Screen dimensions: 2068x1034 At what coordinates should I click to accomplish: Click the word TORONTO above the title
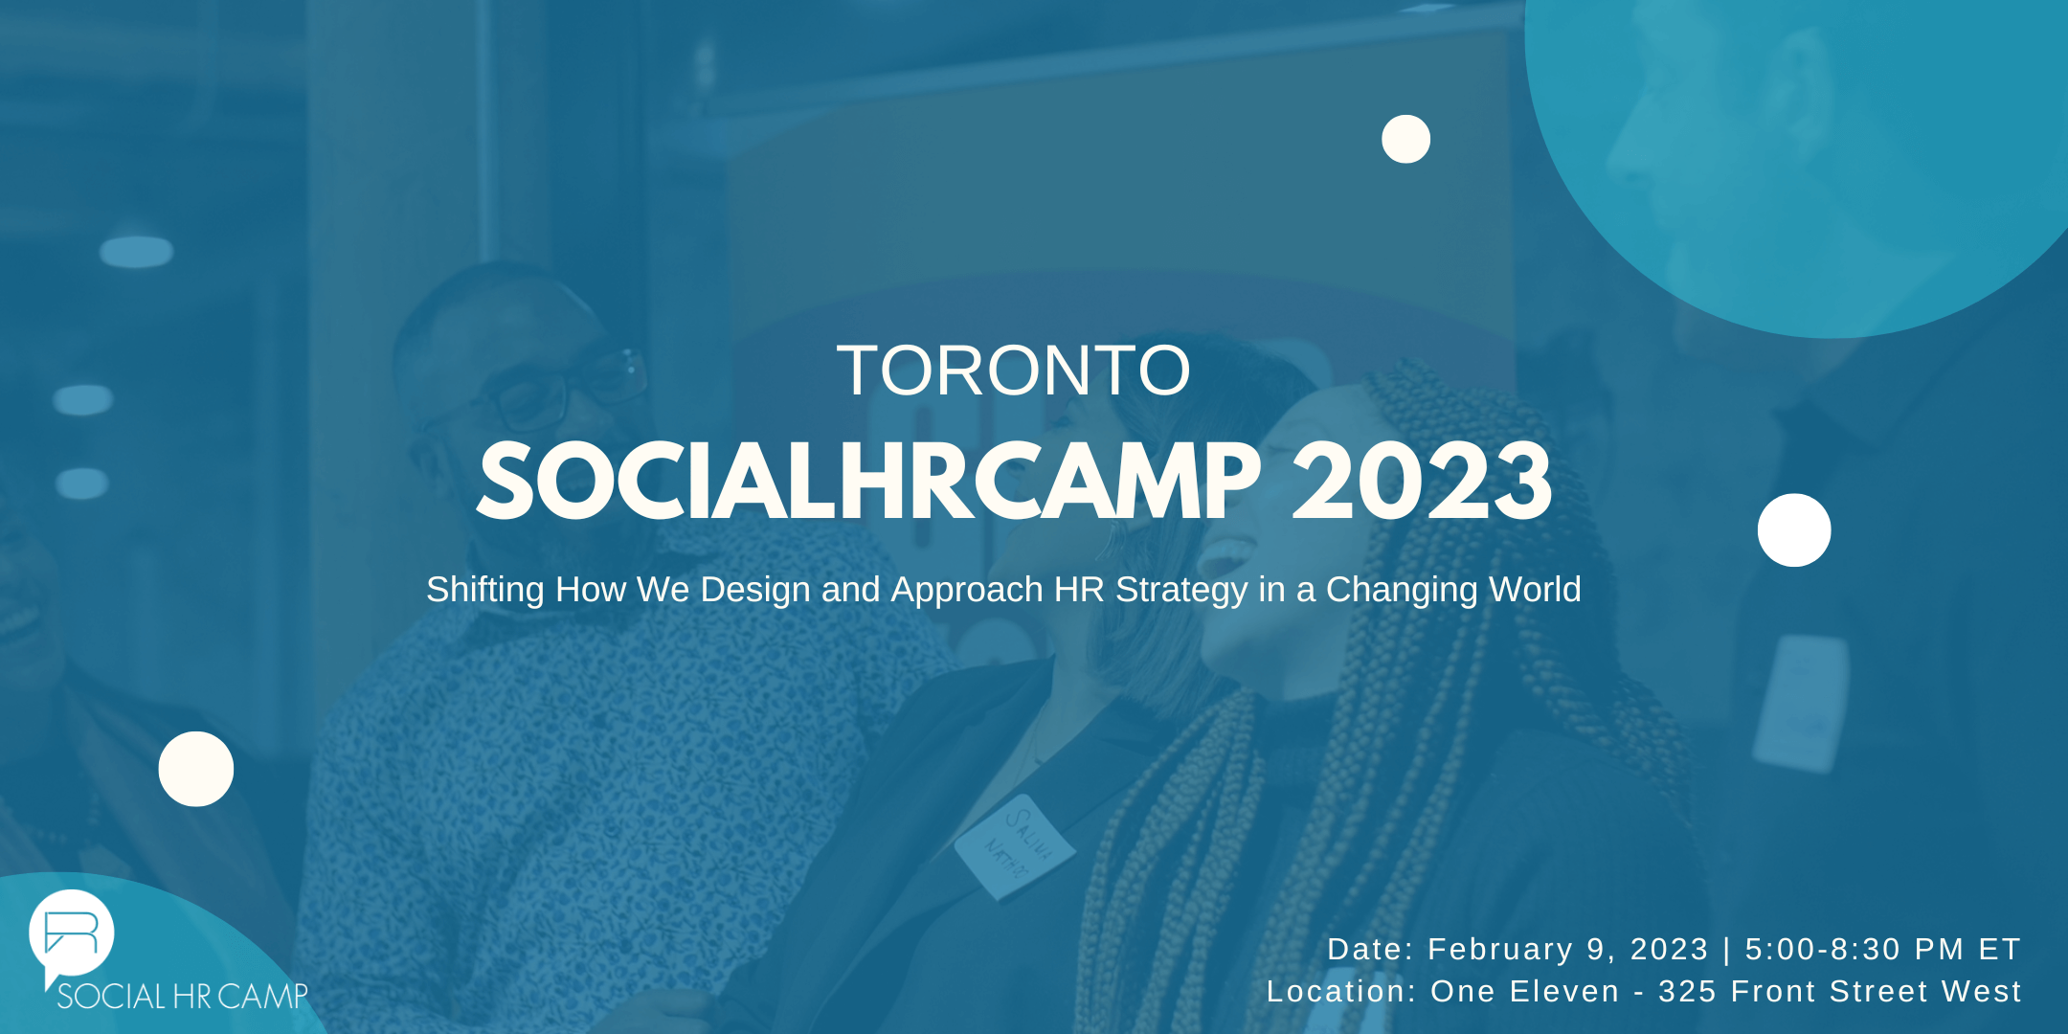(x=1014, y=371)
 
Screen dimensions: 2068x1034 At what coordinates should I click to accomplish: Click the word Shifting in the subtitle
(x=484, y=590)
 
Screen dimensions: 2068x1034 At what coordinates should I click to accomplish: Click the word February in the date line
(x=1500, y=949)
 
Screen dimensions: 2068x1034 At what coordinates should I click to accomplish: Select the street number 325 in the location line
(x=1687, y=991)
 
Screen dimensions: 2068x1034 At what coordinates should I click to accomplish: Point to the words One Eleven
(x=1524, y=991)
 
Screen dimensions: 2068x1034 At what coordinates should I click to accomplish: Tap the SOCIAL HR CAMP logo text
(x=183, y=996)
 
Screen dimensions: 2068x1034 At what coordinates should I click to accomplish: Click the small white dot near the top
(x=1405, y=139)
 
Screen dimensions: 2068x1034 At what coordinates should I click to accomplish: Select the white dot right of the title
(x=1794, y=530)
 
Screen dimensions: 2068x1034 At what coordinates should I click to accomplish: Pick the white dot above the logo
(x=196, y=769)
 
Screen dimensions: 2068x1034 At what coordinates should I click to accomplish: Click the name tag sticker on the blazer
(x=1016, y=848)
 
